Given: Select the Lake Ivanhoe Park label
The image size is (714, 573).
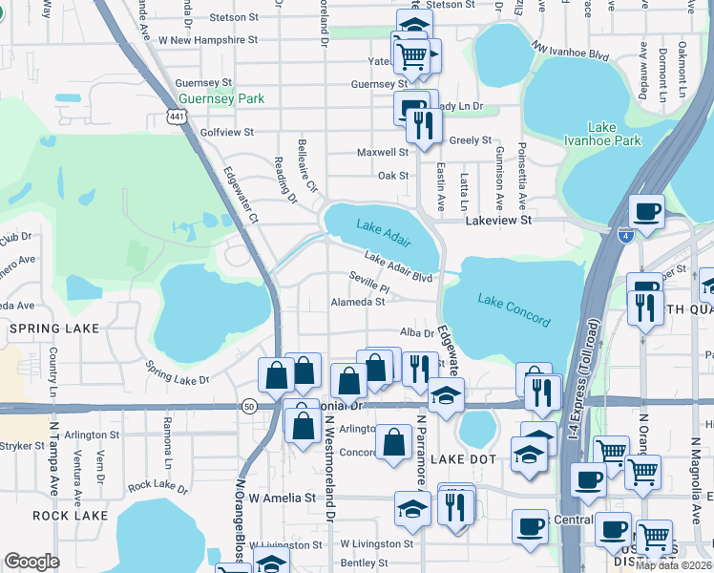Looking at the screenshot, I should click(x=615, y=134).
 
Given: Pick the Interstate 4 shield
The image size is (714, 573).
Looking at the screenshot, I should click(x=624, y=235).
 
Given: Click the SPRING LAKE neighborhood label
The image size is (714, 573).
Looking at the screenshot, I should click(x=48, y=328).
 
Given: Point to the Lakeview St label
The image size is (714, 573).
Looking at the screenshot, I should click(x=497, y=220).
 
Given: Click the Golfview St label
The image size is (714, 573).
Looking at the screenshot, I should click(x=221, y=132).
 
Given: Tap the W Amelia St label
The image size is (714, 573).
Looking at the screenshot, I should click(x=282, y=498).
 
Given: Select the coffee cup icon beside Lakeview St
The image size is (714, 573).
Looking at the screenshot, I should click(x=647, y=210).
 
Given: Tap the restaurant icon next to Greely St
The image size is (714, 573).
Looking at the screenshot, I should click(x=421, y=124).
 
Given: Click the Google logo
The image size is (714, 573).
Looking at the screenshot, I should click(x=31, y=562).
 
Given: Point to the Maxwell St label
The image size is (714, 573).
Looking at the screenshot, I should click(x=382, y=152).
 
